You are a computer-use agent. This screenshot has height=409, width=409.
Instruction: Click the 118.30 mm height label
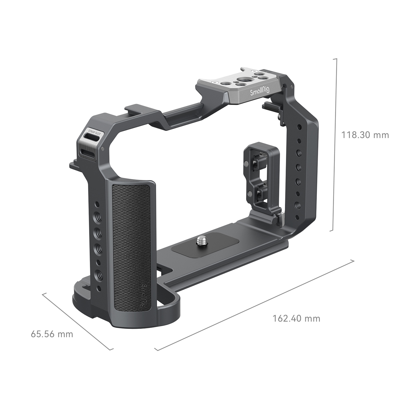365,135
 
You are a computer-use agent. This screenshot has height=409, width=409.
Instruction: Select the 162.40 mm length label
296,319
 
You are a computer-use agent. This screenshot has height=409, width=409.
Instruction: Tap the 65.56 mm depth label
52,334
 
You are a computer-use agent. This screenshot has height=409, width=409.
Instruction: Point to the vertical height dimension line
336,145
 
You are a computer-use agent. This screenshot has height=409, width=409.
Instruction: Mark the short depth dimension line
77,321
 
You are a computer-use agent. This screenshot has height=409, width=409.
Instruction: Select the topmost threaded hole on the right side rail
299,127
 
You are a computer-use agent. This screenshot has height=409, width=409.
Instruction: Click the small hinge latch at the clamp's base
280,218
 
